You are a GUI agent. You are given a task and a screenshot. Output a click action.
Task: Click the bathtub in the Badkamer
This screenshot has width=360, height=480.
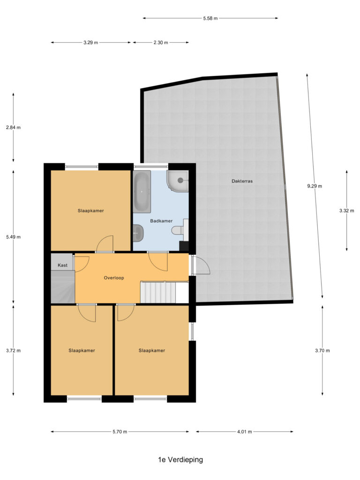point(142,191)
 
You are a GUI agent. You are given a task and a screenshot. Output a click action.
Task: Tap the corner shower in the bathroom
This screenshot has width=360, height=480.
point(178,181)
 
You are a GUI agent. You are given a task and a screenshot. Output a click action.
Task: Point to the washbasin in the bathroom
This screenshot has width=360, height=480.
point(138,232)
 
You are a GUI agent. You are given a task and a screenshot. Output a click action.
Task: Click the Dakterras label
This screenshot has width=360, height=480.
point(242,181)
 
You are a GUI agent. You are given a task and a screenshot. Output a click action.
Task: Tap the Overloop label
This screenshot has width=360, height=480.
point(114,278)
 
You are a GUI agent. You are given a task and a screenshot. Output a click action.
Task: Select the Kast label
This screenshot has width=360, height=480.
point(62,265)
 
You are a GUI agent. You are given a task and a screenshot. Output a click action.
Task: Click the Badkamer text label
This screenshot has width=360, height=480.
point(161,221)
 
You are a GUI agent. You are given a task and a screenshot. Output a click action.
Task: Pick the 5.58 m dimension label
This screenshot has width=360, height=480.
point(210,18)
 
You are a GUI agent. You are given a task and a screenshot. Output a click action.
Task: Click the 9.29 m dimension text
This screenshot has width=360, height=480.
point(315,186)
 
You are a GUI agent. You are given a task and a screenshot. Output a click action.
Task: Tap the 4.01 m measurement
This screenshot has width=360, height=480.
point(245,432)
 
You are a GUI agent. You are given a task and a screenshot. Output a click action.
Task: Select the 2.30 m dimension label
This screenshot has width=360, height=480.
point(161,43)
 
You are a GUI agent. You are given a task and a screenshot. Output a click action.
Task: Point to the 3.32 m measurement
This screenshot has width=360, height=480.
point(346,210)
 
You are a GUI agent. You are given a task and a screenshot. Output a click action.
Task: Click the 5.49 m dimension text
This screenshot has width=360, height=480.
point(13,237)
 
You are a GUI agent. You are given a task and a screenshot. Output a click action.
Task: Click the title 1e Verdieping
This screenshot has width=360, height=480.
point(180,459)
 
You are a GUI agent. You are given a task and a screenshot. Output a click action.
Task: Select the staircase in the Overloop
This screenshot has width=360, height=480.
point(158,292)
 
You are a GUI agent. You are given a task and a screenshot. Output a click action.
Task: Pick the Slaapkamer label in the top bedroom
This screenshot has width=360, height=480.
point(90,210)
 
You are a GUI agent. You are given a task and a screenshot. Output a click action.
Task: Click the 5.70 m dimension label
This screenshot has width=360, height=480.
point(120,432)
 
